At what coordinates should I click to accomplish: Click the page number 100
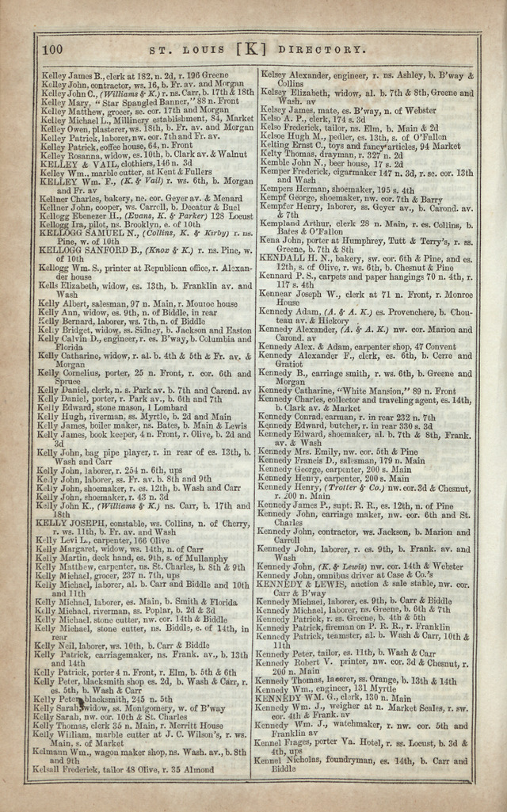[x=52, y=50]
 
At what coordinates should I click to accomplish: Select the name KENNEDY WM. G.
[x=295, y=698]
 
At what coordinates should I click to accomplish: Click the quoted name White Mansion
[x=353, y=391]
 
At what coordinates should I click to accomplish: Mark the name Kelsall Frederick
[x=67, y=768]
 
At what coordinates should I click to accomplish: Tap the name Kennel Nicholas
[x=288, y=760]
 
